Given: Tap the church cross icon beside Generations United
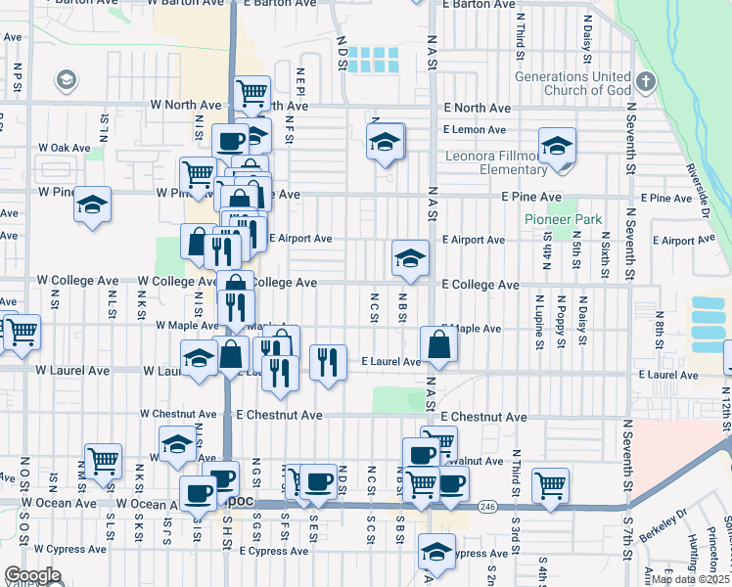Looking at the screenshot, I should pos(645,79).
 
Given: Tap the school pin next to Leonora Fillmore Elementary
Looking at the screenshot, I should pos(557,147).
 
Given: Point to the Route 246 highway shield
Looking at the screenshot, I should pos(485,506).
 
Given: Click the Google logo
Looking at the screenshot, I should pos(32,575).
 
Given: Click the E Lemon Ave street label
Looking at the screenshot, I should pos(474,129).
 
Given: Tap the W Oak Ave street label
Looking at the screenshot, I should pos(64,148).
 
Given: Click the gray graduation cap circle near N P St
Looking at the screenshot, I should pos(67,79).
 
